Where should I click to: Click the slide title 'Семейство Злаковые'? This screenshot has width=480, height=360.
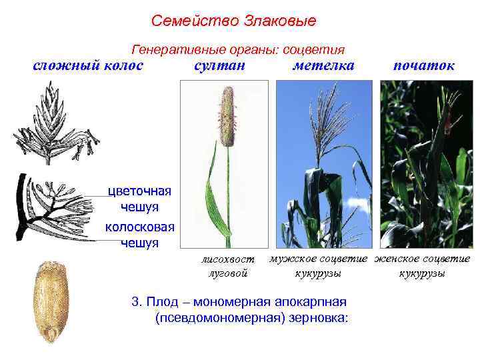point(233,21)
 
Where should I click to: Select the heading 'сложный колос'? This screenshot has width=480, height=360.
point(88,65)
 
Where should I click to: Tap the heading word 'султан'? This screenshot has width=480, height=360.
point(219,65)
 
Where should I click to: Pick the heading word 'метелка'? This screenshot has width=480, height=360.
point(323,65)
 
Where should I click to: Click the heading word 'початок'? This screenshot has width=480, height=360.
point(424,65)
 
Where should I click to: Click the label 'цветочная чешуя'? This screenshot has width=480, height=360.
point(141,199)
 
